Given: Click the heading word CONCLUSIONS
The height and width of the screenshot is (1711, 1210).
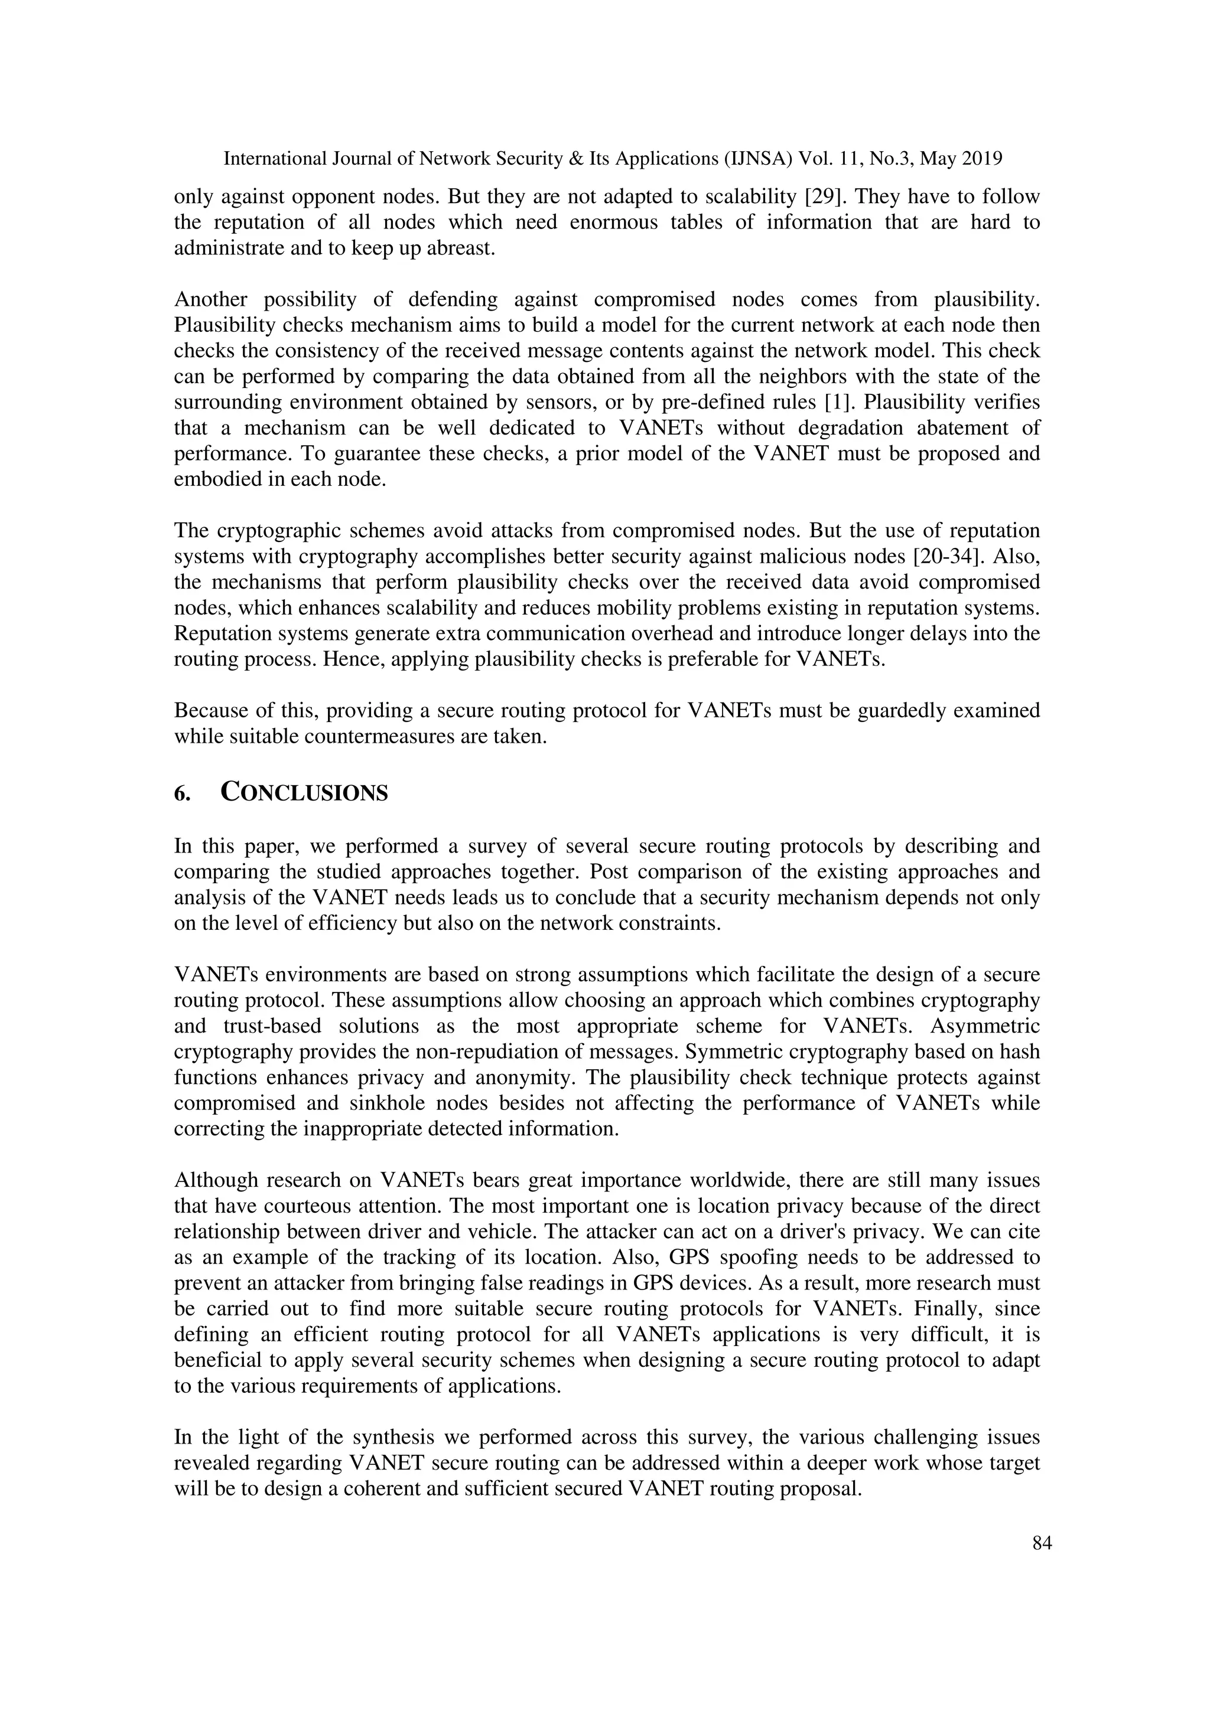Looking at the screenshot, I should [x=304, y=792].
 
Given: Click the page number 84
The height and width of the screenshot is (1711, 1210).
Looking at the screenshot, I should [x=1042, y=1543].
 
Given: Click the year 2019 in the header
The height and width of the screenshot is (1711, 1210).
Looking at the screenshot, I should [x=982, y=159].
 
